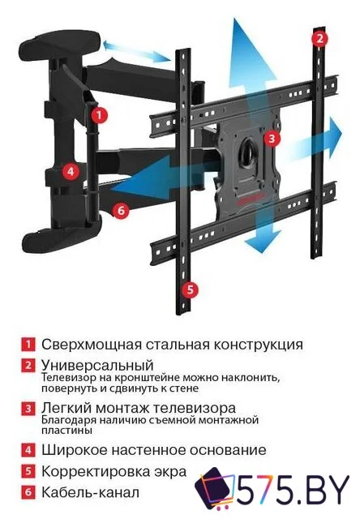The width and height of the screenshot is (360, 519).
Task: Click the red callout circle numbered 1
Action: pos(98,115)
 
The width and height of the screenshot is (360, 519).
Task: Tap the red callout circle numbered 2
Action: pos(320,38)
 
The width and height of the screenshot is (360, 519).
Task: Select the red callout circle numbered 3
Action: pos(273,139)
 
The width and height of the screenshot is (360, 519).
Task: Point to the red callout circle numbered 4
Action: pos(71,171)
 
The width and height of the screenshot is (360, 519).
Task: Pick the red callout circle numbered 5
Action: pos(188,288)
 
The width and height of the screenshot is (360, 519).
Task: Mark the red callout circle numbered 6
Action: pos(120,210)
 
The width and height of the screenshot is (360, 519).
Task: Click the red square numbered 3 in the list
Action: pos(28,408)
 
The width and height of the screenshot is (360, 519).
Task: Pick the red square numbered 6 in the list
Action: pos(28,492)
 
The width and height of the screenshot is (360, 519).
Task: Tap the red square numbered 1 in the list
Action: pos(28,344)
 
